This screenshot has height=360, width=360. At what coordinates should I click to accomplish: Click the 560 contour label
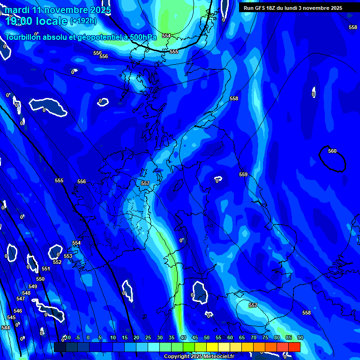coord(332,151)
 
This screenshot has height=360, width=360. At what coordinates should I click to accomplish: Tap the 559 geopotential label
coord(243,174)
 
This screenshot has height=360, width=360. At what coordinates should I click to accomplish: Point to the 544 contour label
coord(6,328)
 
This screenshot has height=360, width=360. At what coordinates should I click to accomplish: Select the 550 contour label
coord(40,279)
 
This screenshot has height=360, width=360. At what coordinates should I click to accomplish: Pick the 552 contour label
coord(57,262)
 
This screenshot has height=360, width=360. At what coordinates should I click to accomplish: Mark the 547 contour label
coord(21,299)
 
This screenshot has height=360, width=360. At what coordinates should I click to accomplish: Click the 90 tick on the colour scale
coord(300,337)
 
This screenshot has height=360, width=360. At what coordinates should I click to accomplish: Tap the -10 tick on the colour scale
coord(67,337)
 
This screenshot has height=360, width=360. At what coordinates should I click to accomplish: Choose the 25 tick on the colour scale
coord(148,337)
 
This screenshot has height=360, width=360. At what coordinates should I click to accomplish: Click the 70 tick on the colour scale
coord(253,337)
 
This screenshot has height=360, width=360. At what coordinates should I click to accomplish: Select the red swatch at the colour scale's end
coord(294,347)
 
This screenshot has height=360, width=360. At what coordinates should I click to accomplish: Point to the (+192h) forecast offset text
coord(83,21)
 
